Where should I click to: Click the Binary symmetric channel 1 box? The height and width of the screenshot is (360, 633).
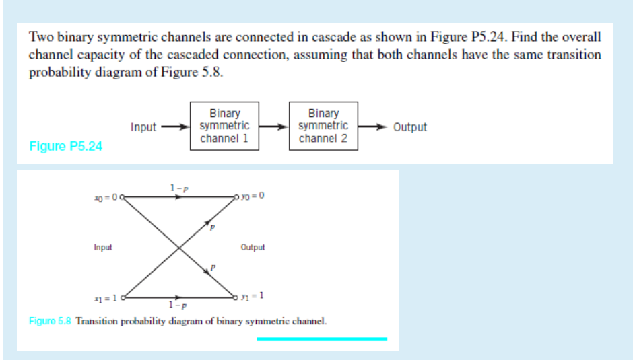224,126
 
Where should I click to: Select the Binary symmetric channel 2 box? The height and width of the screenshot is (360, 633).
323,126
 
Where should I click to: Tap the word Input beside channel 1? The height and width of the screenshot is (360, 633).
143,127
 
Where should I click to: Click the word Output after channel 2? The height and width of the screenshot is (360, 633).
409,127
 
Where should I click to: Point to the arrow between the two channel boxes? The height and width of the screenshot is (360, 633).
273,127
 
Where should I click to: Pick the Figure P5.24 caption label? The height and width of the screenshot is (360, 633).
66,146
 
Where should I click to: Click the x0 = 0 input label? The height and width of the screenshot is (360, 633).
106,196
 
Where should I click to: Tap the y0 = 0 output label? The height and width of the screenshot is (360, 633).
253,196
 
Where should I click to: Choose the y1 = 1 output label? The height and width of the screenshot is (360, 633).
253,295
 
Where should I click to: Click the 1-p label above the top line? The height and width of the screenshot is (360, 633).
178,187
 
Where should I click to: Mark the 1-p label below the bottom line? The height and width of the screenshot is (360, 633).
178,306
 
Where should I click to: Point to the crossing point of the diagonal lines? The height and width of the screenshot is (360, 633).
178,247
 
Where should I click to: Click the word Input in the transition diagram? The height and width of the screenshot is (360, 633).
103,247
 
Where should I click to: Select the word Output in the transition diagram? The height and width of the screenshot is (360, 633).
253,247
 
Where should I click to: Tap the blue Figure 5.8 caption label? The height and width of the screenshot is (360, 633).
51,321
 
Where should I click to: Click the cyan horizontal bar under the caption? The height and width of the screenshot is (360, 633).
322,339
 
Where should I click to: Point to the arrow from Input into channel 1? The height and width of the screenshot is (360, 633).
173,127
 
